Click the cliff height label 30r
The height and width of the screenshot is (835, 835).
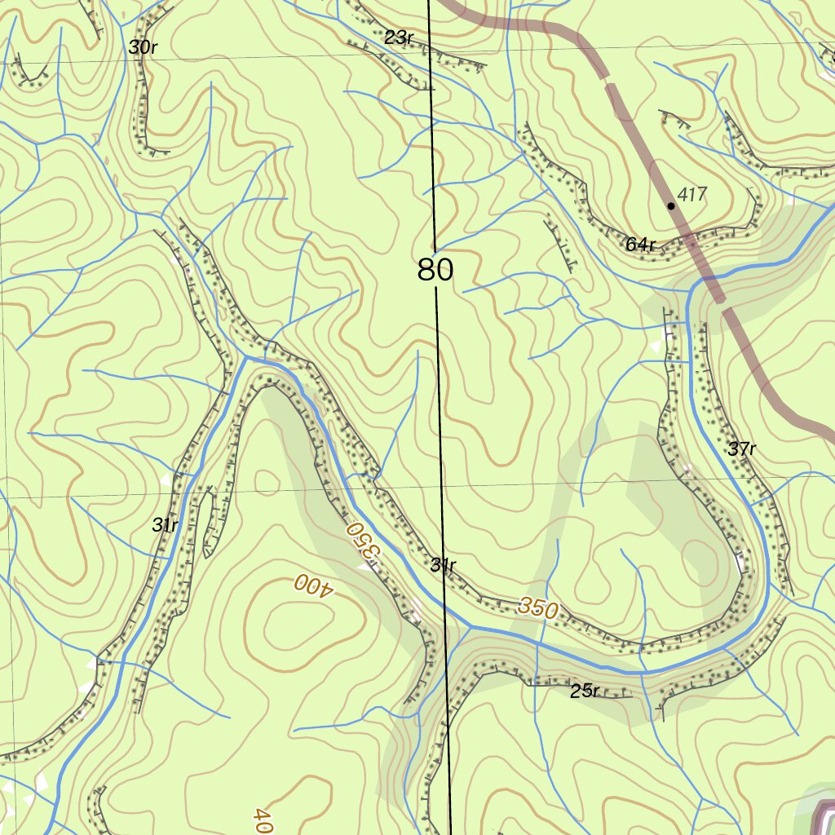(142, 47)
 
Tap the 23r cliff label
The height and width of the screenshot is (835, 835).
(399, 38)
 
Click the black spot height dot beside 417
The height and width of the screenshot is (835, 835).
(671, 205)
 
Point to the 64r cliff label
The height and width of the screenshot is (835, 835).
(641, 245)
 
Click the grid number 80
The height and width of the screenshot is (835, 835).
(435, 270)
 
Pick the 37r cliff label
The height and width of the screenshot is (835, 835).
(742, 449)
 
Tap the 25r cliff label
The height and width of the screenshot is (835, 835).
(585, 692)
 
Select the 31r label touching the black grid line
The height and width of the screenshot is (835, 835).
(443, 565)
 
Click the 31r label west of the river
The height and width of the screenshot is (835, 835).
(165, 525)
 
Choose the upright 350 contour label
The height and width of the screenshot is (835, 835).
(537, 609)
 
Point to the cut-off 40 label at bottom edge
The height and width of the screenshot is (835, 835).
(261, 820)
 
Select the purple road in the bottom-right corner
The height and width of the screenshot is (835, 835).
(820, 815)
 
